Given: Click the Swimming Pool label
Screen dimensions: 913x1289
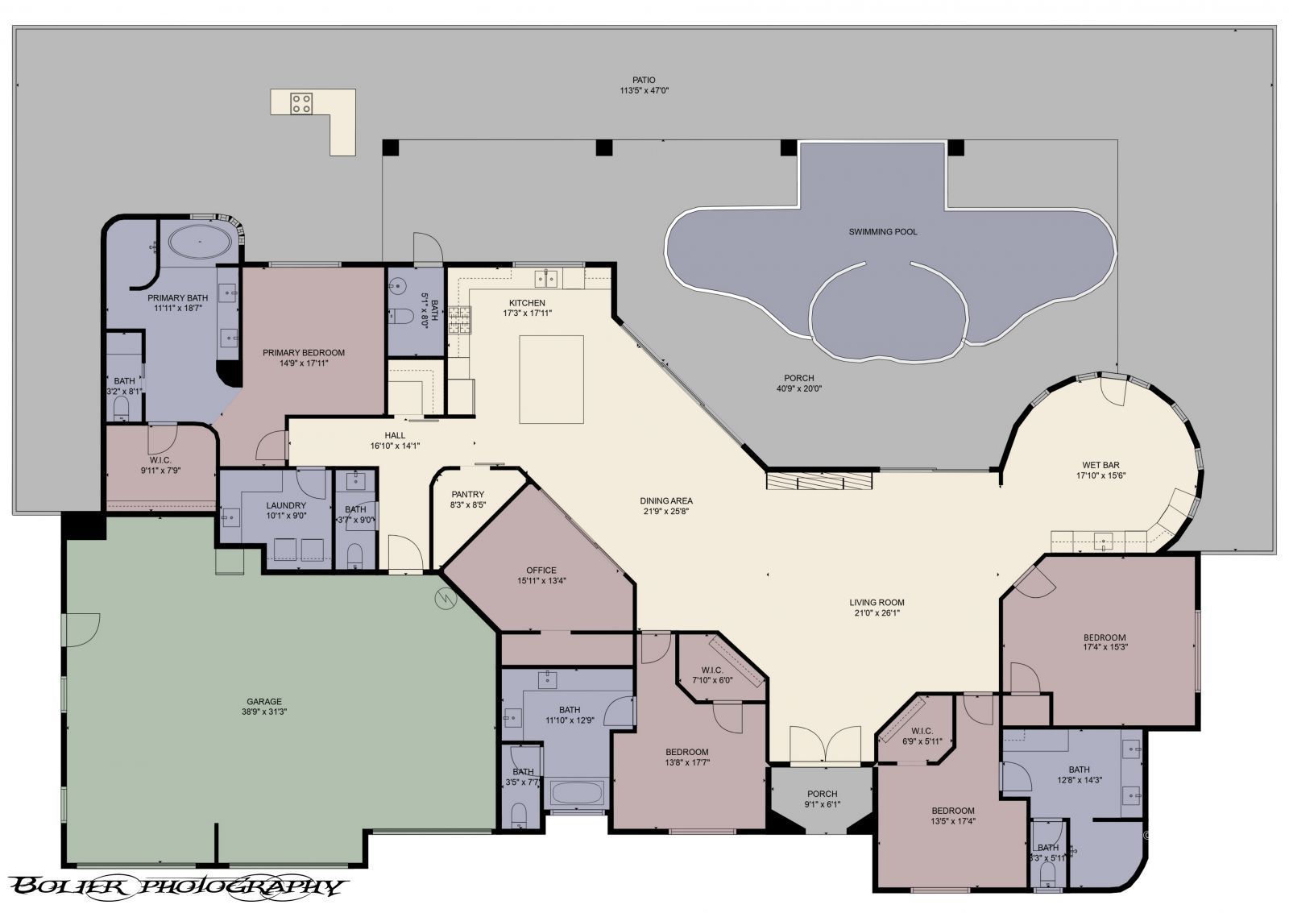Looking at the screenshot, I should point(882,231).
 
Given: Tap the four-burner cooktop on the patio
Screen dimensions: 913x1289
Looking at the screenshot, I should point(302,102).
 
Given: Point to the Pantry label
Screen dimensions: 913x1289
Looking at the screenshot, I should point(467,495).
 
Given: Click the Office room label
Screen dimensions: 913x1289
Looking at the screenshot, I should point(541,570).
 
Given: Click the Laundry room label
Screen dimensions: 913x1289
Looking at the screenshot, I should point(285,506).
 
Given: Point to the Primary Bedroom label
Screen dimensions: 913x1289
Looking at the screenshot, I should point(304,352).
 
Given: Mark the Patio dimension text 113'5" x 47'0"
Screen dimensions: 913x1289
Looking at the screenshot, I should point(643,91).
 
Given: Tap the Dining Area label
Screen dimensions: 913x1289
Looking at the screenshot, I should point(666,500).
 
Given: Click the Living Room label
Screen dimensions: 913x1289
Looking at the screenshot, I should point(877,602).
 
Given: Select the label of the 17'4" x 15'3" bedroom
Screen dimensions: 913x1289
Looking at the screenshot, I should point(1104,637).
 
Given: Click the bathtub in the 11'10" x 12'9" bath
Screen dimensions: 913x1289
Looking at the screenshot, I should point(578,793).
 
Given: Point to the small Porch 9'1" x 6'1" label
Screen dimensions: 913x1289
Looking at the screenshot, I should point(822,794).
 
